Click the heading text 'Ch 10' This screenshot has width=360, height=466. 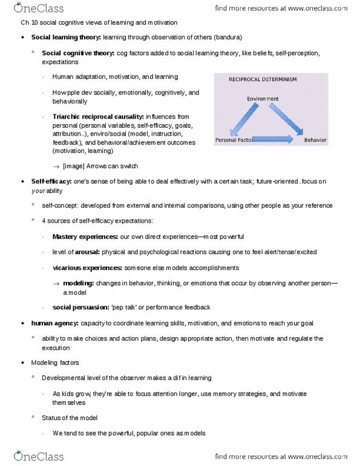point(21,22)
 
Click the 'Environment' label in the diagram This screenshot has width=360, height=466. point(263,99)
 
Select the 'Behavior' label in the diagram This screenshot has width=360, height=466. point(315,140)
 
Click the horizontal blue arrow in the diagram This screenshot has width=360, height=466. point(270,140)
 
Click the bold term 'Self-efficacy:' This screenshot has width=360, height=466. point(51,181)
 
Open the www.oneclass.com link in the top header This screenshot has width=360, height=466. point(315,8)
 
